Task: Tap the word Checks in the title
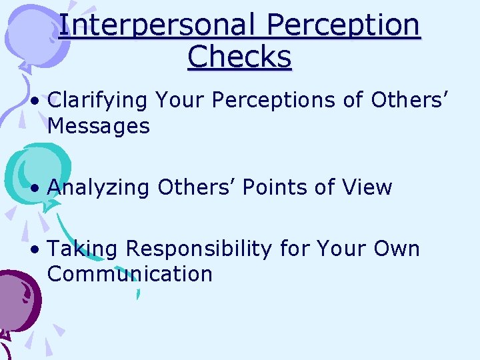pyautogui.click(x=239, y=57)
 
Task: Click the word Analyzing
pyautogui.click(x=99, y=188)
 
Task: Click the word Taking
pyautogui.click(x=83, y=249)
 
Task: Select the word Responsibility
pyautogui.click(x=199, y=249)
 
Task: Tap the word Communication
pyautogui.click(x=130, y=273)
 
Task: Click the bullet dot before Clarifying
pyautogui.click(x=33, y=101)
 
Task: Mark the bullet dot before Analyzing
pyautogui.click(x=33, y=189)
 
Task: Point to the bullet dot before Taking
pyautogui.click(x=33, y=250)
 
